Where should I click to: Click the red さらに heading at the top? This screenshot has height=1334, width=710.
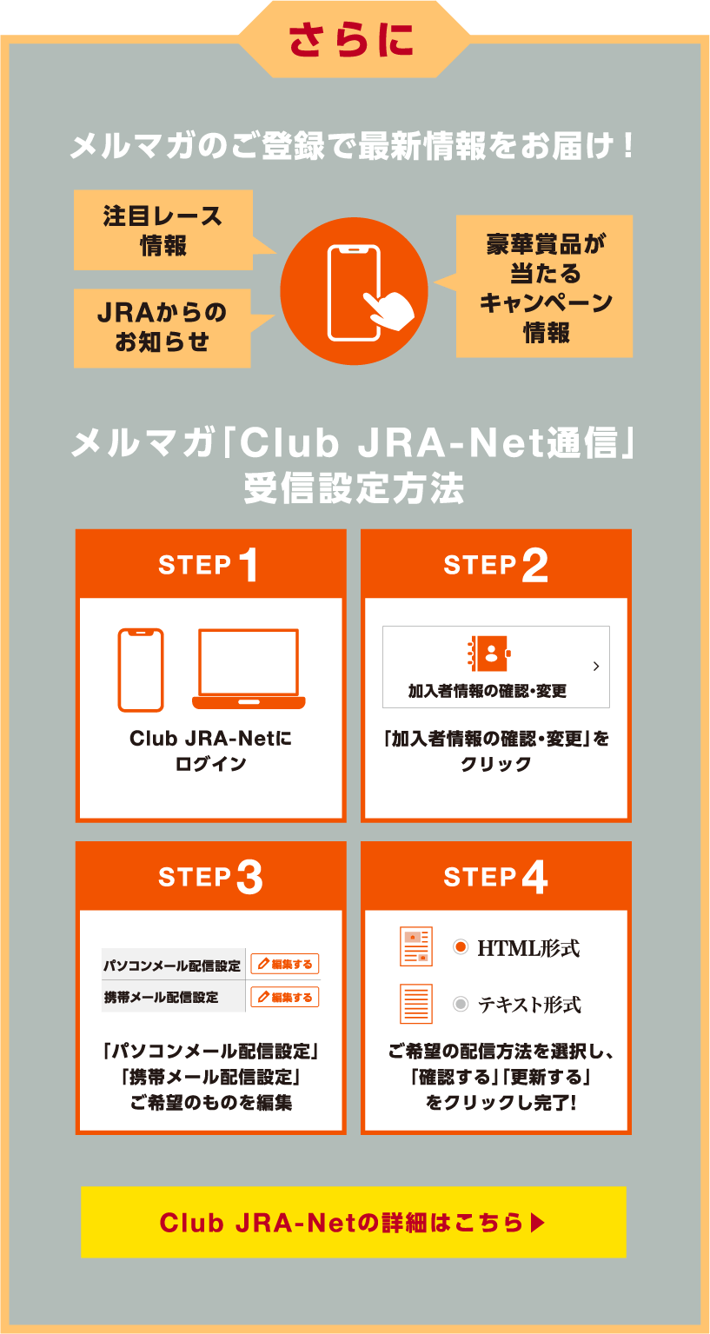tap(351, 40)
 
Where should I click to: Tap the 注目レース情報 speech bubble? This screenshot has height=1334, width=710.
tap(163, 230)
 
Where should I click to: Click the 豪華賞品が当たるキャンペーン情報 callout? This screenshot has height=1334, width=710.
tap(544, 287)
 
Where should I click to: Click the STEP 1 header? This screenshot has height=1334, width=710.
tap(211, 564)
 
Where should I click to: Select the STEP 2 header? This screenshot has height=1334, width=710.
tap(496, 564)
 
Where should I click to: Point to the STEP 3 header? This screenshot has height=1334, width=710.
tap(211, 876)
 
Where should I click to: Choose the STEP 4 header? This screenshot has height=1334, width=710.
tap(496, 876)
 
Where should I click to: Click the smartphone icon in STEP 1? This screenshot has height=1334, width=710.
tap(141, 670)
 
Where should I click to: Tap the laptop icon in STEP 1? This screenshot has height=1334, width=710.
tap(249, 669)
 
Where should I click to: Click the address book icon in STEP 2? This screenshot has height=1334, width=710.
tap(489, 654)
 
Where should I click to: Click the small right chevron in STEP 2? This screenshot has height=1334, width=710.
tap(596, 667)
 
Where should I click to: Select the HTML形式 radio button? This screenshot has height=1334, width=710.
tap(461, 946)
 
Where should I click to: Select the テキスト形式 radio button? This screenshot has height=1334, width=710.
tap(461, 1004)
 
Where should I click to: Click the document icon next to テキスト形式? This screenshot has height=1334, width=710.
tap(416, 1004)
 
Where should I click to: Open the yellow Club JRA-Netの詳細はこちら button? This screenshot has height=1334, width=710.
tap(353, 1222)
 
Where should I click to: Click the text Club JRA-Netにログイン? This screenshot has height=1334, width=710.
tap(211, 750)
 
